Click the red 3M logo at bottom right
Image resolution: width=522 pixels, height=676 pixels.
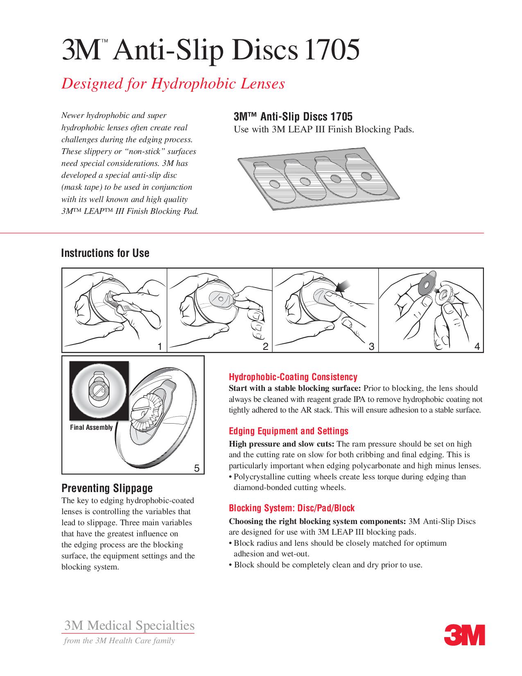(x=464, y=635)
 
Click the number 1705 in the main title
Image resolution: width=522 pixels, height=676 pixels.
(x=331, y=50)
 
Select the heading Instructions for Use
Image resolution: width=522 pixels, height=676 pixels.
(x=105, y=253)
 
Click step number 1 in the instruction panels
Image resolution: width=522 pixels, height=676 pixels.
(x=160, y=347)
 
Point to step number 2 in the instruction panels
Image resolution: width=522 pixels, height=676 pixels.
(x=265, y=347)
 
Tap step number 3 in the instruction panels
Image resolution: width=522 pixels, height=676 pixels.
(x=371, y=347)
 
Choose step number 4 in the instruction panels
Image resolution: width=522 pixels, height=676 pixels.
(x=477, y=347)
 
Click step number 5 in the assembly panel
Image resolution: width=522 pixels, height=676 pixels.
(x=197, y=468)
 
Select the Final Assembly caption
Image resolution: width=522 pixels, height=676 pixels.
(x=91, y=427)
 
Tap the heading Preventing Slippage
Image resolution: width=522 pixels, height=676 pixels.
(x=107, y=488)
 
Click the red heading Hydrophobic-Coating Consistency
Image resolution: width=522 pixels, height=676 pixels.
(x=293, y=377)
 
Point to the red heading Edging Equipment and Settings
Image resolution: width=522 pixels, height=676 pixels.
(x=288, y=431)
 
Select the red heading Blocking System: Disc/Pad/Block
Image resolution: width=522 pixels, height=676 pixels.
(x=292, y=508)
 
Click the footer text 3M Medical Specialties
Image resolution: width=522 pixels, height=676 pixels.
(x=129, y=626)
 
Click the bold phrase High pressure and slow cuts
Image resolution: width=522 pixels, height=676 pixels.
(x=281, y=444)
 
